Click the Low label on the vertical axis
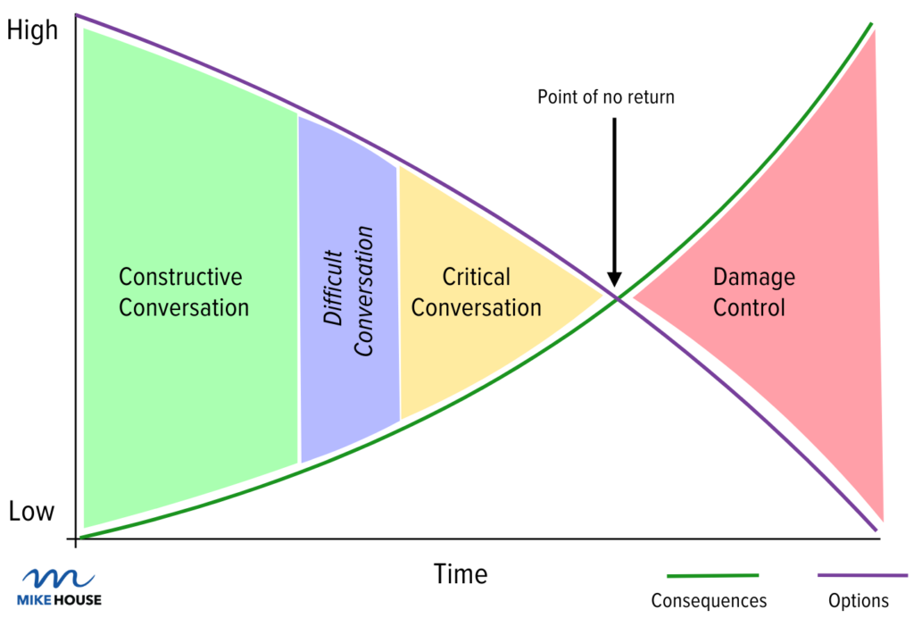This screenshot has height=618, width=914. pyautogui.click(x=32, y=513)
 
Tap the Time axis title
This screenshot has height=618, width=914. pyautogui.click(x=461, y=573)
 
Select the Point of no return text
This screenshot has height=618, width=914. pyautogui.click(x=606, y=96)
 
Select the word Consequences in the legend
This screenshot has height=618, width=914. pyautogui.click(x=709, y=601)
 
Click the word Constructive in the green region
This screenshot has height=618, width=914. pyautogui.click(x=180, y=277)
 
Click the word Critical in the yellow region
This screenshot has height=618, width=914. pyautogui.click(x=477, y=277)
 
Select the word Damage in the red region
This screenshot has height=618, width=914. pyautogui.click(x=753, y=277)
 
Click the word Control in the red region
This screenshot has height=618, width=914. pyautogui.click(x=753, y=308)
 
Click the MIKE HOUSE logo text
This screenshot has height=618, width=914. pyautogui.click(x=60, y=600)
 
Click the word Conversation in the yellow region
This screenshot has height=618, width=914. pyautogui.click(x=477, y=308)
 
